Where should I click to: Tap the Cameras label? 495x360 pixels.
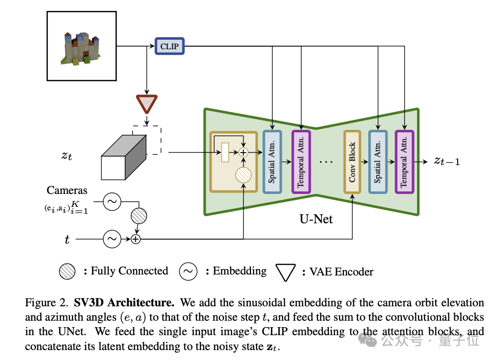pyautogui.click(x=67, y=190)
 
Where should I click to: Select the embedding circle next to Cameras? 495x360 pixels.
pyautogui.click(x=112, y=202)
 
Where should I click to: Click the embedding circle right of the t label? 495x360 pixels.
pyautogui.click(x=112, y=240)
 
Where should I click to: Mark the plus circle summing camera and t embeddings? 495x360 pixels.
pyautogui.click(x=136, y=240)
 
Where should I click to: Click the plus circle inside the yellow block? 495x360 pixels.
pyautogui.click(x=244, y=152)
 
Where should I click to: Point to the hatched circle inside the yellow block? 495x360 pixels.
pyautogui.click(x=244, y=175)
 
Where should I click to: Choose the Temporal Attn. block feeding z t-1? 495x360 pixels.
pyautogui.click(x=404, y=161)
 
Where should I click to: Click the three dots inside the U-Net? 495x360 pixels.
pyautogui.click(x=327, y=162)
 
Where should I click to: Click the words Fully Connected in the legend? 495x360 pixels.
pyautogui.click(x=129, y=271)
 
